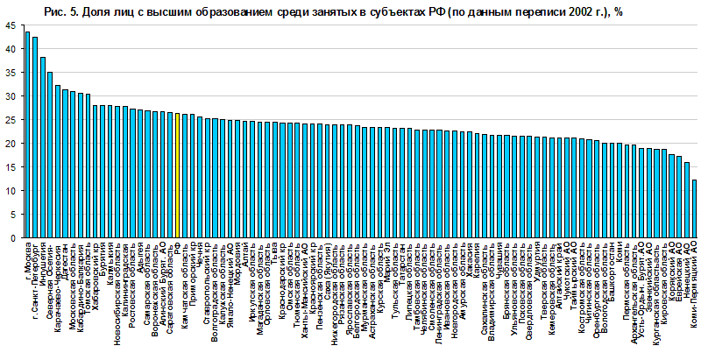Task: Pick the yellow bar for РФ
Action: (x=177, y=175)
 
